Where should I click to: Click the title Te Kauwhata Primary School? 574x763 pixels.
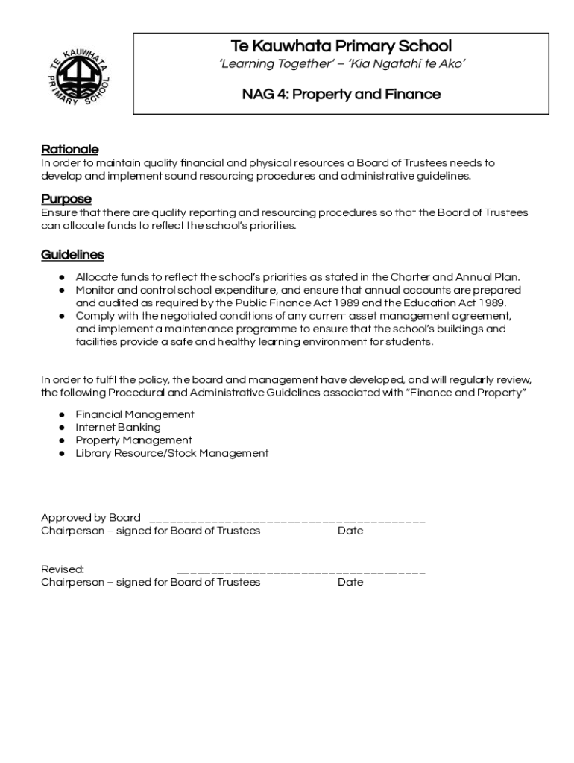341,46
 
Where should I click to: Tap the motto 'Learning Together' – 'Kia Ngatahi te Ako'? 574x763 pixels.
341,65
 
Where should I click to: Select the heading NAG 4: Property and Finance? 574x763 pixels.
341,95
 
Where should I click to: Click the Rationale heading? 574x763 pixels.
69,150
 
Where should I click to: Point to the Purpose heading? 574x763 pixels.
66,199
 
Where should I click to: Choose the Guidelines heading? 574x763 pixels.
72,255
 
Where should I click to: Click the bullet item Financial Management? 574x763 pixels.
135,414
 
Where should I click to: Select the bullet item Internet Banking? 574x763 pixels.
118,428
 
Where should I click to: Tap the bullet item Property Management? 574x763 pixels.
133,440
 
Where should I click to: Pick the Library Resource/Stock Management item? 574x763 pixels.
171,453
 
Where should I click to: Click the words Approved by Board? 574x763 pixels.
90,518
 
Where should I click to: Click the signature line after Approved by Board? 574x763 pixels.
287,519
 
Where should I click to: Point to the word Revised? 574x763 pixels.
62,569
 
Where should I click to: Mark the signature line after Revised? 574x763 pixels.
300,572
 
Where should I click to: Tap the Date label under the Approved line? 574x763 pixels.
350,531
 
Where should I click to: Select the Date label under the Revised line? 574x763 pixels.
350,582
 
